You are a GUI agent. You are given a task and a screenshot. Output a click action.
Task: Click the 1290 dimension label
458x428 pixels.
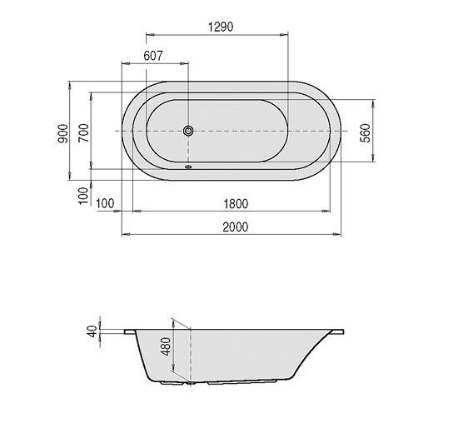point(219,27)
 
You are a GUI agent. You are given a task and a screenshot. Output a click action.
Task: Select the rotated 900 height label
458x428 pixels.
point(62,132)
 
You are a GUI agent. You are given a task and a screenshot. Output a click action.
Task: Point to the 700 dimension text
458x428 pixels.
point(82,133)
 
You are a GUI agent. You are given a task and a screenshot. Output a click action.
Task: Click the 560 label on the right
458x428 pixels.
point(365,133)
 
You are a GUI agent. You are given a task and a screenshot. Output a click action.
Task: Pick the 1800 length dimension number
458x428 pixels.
point(236,203)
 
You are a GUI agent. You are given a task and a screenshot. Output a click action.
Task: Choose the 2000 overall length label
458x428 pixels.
point(234,227)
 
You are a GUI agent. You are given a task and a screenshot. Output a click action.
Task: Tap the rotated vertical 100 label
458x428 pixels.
point(82,196)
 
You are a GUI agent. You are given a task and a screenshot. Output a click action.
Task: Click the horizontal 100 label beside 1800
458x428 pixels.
point(106,203)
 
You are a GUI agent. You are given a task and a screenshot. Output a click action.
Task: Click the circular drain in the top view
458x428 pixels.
point(188,132)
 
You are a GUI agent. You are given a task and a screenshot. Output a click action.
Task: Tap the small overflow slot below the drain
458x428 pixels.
point(188,164)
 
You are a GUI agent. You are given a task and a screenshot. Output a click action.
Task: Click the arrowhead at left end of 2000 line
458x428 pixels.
point(124,235)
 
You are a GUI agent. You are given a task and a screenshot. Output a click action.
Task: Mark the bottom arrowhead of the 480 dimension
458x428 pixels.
point(190,385)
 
